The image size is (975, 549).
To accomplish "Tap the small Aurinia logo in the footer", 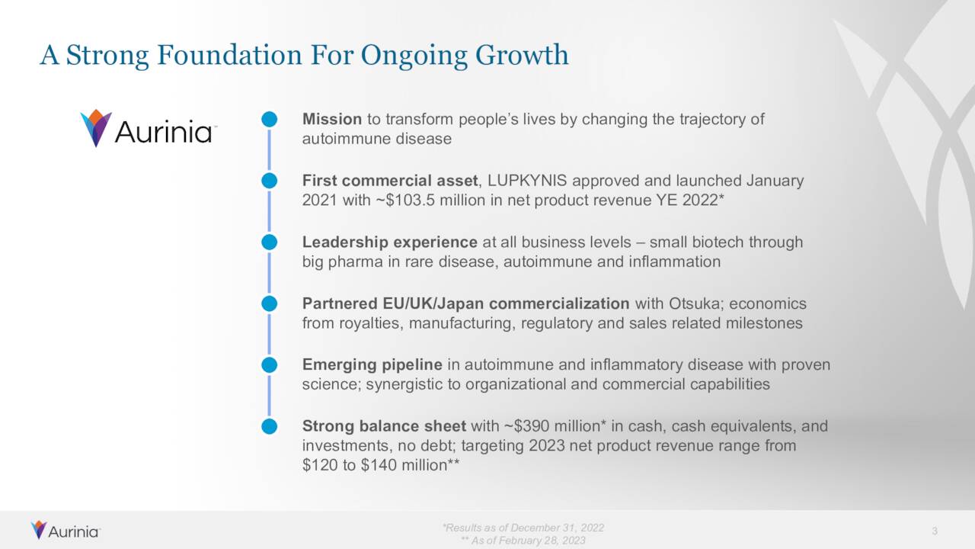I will point(65,531).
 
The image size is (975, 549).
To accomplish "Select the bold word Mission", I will point(331,119).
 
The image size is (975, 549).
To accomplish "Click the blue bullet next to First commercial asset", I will point(269,181).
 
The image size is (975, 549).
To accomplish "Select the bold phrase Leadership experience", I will point(389,242).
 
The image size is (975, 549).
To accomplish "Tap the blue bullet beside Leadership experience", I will point(269,242).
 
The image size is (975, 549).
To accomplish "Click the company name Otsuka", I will point(695,303).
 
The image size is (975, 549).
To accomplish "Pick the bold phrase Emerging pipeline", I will point(372,364).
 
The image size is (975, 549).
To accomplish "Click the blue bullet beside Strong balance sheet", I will point(269,426).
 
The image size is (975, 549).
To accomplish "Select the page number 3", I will point(934,531).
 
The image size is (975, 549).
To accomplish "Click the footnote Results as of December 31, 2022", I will point(523,528).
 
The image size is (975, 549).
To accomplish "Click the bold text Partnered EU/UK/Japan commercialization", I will point(465,303).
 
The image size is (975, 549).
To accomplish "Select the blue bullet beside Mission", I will point(269,120).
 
